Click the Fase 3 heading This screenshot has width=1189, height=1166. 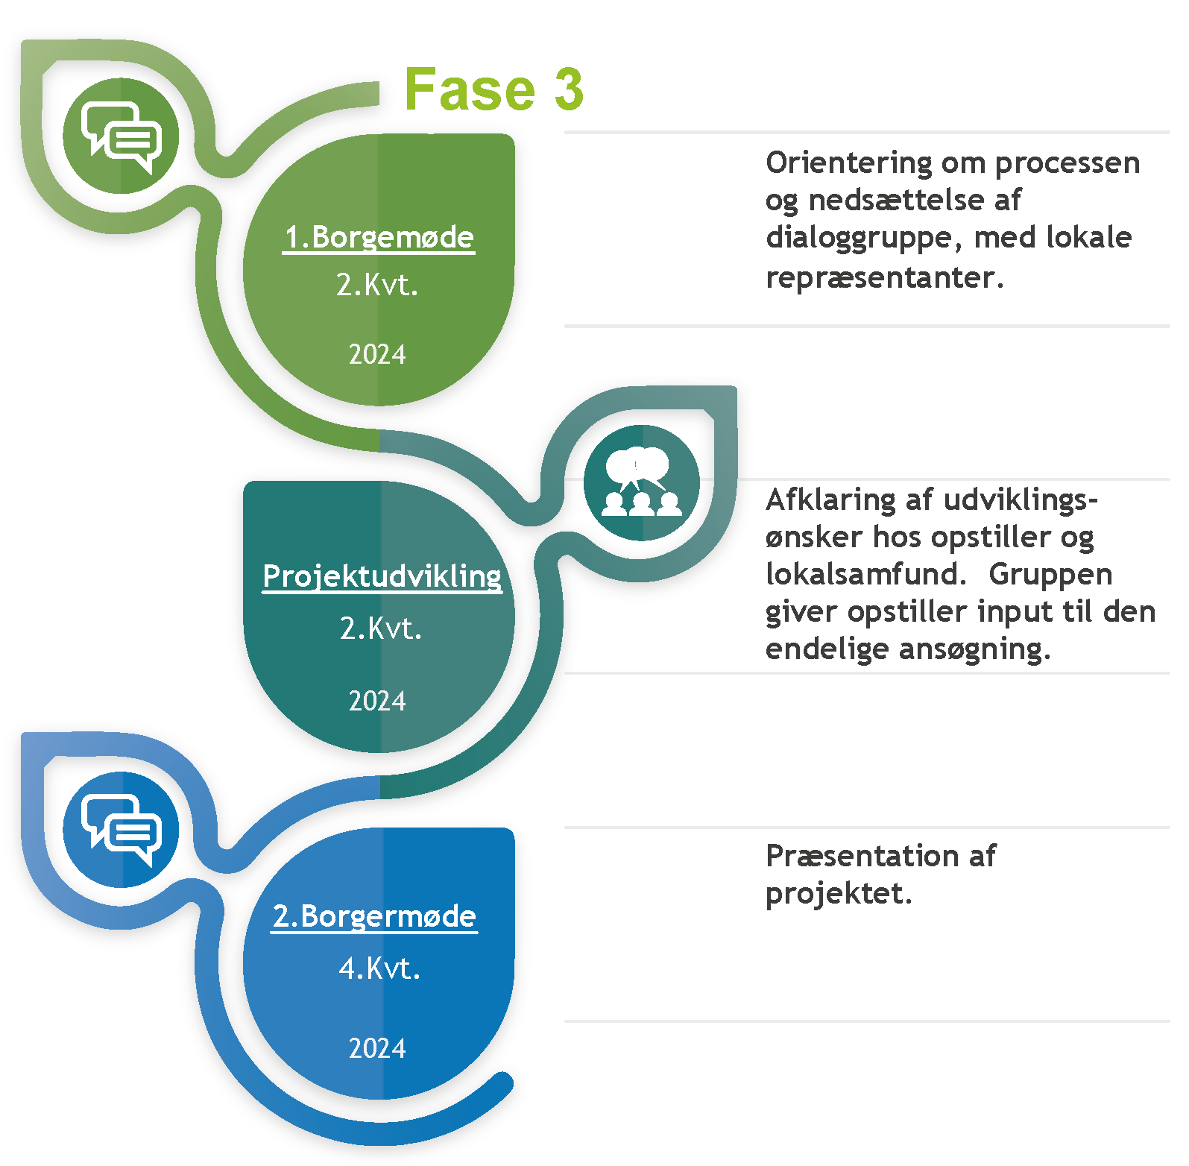pyautogui.click(x=493, y=89)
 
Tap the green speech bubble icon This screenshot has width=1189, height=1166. pyautogui.click(x=121, y=136)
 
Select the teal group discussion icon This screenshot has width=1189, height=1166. pyautogui.click(x=642, y=483)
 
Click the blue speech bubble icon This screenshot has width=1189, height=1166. pyautogui.click(x=121, y=830)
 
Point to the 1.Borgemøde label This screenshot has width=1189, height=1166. pyautogui.click(x=379, y=238)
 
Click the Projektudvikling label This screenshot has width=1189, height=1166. pyautogui.click(x=382, y=577)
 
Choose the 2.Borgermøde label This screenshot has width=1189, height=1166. pyautogui.click(x=374, y=916)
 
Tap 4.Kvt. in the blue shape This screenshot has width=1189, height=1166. pyautogui.click(x=379, y=968)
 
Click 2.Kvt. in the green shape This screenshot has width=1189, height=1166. pyautogui.click(x=377, y=285)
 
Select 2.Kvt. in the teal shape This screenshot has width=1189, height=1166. pyautogui.click(x=381, y=628)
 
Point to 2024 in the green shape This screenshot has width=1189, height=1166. pyautogui.click(x=377, y=354)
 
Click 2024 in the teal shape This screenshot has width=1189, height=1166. pyautogui.click(x=377, y=701)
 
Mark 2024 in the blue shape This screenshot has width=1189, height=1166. pyautogui.click(x=377, y=1048)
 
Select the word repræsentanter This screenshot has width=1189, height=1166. pyautogui.click(x=884, y=277)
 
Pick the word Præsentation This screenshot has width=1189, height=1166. pyautogui.click(x=862, y=856)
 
